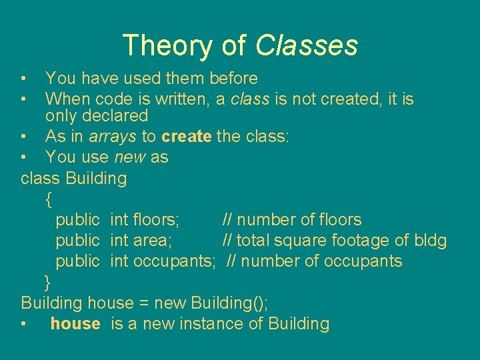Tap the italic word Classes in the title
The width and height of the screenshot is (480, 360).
(x=307, y=45)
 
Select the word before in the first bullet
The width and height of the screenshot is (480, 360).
(x=233, y=79)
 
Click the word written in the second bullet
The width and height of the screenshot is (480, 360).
(x=185, y=99)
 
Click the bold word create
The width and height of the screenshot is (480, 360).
(x=186, y=137)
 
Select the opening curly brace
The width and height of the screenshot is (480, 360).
(x=48, y=199)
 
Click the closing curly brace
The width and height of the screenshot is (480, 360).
(x=47, y=282)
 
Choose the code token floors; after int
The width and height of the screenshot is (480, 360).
(x=155, y=220)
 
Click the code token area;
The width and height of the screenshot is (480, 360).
(x=153, y=241)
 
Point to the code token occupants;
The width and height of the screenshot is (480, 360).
(x=175, y=261)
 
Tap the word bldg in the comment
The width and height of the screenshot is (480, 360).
(x=430, y=241)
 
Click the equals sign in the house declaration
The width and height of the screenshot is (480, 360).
(x=143, y=303)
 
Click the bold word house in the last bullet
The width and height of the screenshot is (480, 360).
(x=75, y=324)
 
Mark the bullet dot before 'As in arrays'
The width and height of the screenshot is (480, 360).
(x=24, y=137)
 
